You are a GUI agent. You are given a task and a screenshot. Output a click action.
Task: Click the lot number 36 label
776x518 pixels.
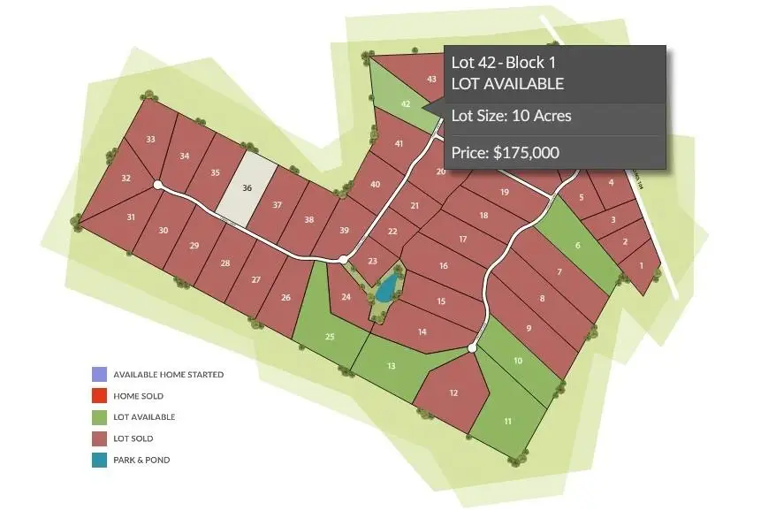tap(247, 188)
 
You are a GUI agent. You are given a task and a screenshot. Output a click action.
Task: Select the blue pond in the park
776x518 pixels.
tap(385, 287)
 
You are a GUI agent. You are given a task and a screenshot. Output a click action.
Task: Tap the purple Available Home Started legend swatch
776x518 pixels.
tap(98, 375)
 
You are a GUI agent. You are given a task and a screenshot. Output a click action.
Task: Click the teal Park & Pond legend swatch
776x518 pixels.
tap(98, 460)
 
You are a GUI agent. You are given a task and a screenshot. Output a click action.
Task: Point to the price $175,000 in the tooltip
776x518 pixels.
tap(505, 152)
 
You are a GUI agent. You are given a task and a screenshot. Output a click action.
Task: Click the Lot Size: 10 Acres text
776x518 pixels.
tap(511, 115)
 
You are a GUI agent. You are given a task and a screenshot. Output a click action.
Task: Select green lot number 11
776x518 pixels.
tap(508, 421)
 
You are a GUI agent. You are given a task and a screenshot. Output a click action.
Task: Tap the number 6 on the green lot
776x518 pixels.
tap(578, 246)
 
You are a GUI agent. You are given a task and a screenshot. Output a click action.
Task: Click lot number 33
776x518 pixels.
tap(151, 139)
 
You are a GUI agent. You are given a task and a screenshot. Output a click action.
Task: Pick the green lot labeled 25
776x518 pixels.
tap(330, 337)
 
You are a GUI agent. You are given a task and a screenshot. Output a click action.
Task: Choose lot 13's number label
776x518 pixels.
tap(392, 366)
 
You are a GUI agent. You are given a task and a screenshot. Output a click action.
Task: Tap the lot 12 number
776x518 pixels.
tap(453, 392)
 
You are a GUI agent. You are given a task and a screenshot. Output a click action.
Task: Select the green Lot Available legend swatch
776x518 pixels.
tap(98, 417)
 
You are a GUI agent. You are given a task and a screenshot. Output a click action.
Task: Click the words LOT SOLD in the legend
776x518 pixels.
tap(133, 438)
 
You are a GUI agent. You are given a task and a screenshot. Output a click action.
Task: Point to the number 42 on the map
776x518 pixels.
tap(406, 103)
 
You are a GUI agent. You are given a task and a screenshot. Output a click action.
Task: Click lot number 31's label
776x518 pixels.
tap(131, 217)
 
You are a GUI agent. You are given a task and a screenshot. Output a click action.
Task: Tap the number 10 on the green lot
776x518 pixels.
tap(518, 360)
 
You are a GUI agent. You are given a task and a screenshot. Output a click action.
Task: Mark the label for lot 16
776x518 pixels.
tap(444, 266)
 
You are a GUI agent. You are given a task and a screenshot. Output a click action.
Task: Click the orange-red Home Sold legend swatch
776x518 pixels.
tap(98, 396)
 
